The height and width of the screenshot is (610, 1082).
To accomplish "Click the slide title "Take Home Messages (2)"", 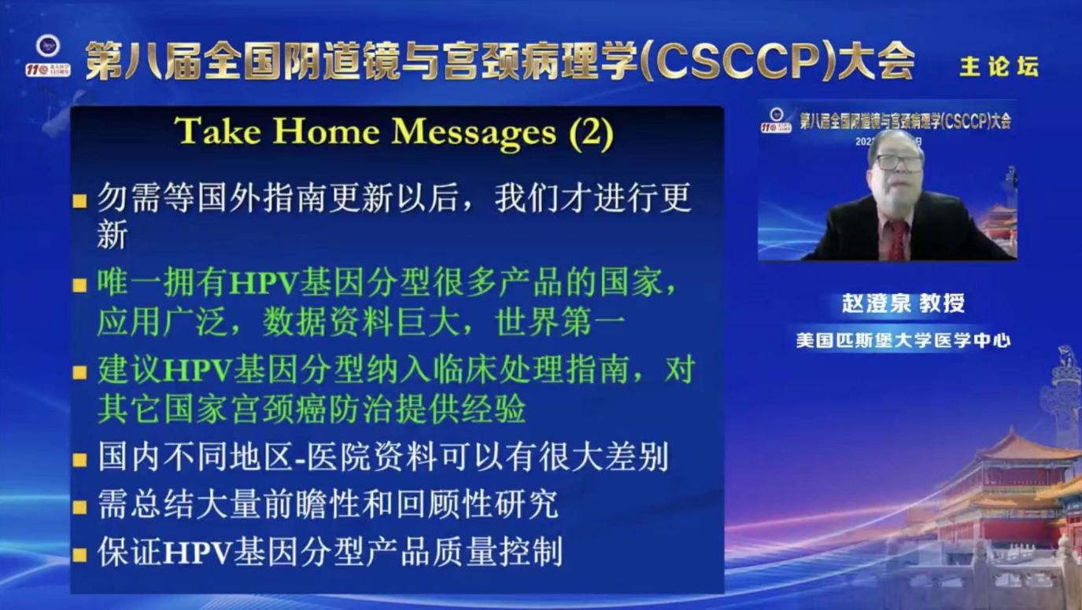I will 393,131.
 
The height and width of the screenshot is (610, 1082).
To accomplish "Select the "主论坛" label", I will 998,67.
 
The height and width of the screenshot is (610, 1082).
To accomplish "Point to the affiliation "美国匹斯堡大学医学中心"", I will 903,340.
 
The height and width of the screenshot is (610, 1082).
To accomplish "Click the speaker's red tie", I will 897,239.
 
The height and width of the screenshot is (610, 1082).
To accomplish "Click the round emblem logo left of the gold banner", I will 47,46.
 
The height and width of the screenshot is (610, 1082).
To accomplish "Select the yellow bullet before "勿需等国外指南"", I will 79,202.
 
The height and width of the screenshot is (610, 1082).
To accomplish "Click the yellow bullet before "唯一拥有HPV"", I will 79,285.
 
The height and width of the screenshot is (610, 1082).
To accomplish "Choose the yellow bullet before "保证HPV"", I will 79,554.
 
